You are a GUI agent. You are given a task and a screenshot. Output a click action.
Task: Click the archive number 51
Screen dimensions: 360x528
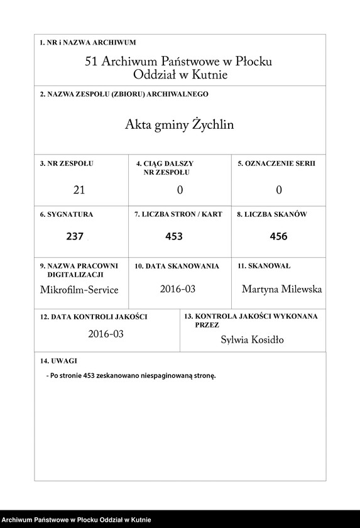[92, 62]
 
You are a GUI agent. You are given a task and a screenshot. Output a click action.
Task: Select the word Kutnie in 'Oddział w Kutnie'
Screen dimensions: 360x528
[209, 75]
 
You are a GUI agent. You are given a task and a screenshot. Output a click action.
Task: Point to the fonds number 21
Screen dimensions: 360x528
[79, 190]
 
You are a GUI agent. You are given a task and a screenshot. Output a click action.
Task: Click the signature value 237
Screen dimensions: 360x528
[75, 237]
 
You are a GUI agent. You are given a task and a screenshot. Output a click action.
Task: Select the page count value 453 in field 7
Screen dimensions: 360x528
[174, 237]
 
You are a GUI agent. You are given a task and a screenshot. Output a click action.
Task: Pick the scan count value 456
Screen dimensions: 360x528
[278, 237]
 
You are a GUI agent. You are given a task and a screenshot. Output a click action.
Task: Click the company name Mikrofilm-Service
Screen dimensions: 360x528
[79, 290]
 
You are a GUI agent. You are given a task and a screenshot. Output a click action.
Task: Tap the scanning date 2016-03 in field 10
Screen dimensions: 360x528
[178, 289]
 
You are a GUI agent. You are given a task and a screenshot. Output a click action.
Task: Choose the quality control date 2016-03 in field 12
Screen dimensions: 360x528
[106, 334]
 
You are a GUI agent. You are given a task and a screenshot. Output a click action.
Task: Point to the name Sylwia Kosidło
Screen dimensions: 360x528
[252, 340]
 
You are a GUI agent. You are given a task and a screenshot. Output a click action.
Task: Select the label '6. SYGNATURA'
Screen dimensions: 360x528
[67, 214]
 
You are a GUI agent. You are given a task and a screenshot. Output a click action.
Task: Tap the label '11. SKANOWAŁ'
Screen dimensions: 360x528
[264, 266]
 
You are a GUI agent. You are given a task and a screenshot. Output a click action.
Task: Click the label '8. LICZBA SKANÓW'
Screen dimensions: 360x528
[271, 214]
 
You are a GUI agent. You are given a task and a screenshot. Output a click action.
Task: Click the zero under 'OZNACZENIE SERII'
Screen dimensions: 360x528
[278, 190]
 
